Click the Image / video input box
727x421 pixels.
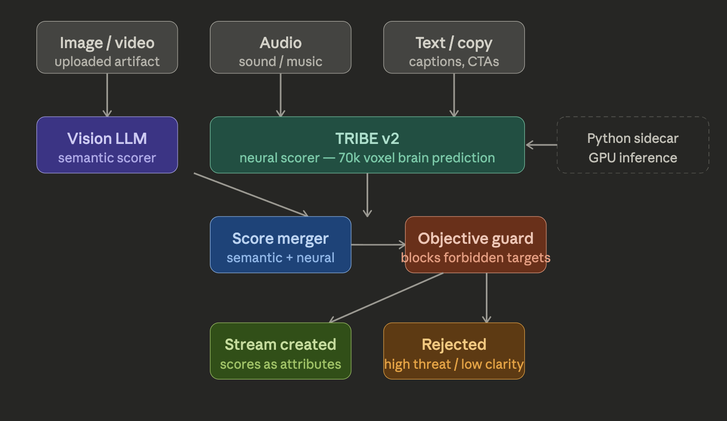107,47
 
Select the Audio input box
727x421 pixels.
281,47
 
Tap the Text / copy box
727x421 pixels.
454,47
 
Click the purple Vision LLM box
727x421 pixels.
107,145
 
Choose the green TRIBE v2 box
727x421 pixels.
367,145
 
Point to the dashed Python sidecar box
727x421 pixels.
633,145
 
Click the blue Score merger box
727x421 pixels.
281,244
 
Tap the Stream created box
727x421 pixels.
281,351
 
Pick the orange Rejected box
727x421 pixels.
454,351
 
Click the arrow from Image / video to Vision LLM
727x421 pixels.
107,95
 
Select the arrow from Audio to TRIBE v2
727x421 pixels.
281,95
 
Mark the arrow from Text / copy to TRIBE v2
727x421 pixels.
454,95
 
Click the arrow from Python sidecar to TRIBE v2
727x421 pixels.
541,145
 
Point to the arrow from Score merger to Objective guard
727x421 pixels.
378,245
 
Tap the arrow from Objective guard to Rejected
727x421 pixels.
486,298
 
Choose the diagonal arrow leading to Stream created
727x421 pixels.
387,297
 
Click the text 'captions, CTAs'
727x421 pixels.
454,62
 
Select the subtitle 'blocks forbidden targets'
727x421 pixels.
476,258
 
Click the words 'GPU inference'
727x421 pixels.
633,158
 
